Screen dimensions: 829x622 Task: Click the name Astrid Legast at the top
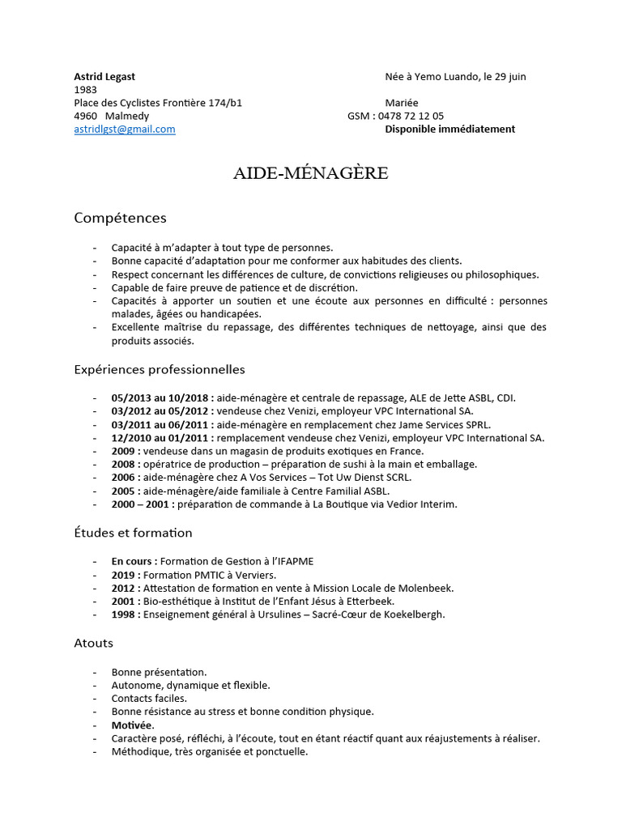coord(104,76)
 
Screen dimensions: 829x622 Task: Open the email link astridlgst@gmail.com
coord(124,129)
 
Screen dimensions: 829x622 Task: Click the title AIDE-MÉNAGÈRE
coord(311,173)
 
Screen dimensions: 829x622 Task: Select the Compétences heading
coord(120,218)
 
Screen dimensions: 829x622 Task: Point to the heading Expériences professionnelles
coord(159,369)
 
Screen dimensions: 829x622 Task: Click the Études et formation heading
coord(133,533)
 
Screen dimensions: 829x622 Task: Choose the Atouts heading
coord(93,643)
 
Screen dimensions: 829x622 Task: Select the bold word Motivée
coord(133,725)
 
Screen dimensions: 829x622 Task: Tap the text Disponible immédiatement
coord(449,129)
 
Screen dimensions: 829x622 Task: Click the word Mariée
coord(402,103)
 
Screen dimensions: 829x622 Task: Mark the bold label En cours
coord(134,561)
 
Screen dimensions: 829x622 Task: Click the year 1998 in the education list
coord(125,614)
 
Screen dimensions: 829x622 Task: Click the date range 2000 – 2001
coord(140,504)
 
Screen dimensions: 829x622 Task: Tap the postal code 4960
coord(86,116)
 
